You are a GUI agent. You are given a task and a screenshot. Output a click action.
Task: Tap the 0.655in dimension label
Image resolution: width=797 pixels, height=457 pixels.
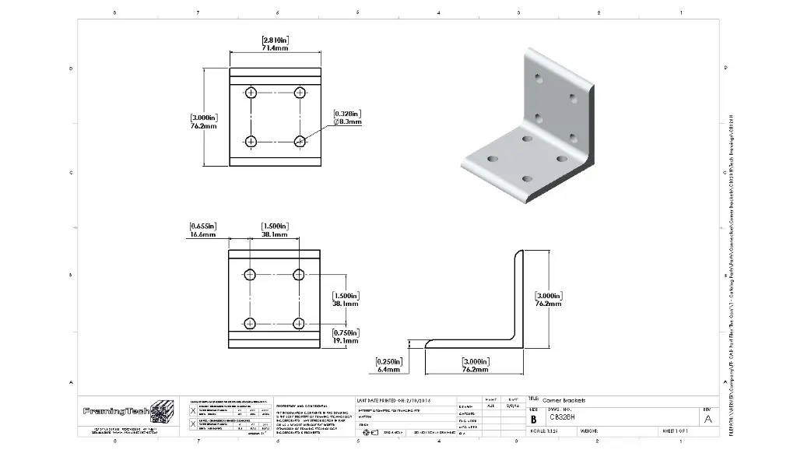click(202, 230)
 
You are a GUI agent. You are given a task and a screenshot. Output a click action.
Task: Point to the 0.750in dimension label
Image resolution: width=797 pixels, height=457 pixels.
click(346, 336)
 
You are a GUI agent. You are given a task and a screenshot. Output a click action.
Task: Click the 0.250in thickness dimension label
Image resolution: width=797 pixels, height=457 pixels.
click(387, 366)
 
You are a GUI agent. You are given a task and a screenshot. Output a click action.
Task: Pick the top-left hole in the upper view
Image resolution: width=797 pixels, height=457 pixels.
click(251, 93)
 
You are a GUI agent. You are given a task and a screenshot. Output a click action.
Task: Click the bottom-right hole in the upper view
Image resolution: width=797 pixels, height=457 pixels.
click(300, 141)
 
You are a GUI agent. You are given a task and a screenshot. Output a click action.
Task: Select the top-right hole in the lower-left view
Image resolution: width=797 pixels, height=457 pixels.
click(300, 274)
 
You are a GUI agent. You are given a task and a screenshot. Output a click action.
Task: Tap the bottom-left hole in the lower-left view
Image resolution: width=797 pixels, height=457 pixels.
click(251, 323)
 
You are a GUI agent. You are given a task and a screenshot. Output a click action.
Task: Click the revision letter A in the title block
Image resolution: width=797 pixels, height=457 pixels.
click(707, 419)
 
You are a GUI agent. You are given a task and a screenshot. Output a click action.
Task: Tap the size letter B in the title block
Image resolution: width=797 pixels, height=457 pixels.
click(533, 419)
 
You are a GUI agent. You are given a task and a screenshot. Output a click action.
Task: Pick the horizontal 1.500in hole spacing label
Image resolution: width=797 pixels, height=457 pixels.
click(276, 230)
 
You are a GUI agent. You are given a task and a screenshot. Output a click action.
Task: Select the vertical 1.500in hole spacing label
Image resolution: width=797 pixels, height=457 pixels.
click(346, 301)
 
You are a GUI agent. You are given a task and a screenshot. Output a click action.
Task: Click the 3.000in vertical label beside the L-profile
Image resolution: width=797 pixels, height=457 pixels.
click(549, 300)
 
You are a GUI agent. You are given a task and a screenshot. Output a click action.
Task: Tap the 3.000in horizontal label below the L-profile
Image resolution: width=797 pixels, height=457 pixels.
click(475, 366)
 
